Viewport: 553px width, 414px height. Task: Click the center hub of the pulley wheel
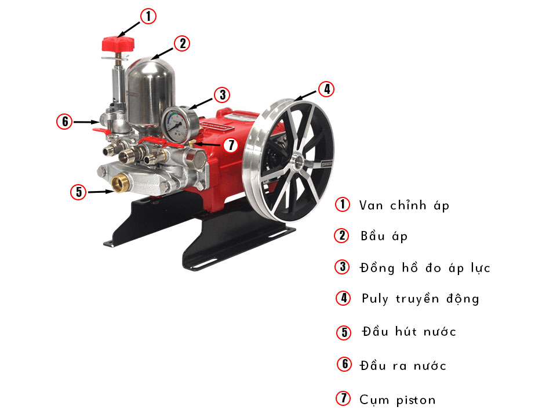point(300,160)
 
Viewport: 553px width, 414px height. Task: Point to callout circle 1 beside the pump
point(148,16)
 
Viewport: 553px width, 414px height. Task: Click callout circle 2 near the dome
point(181,43)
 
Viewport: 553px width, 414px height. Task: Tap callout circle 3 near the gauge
point(221,94)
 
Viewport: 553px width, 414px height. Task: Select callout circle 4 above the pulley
point(326,89)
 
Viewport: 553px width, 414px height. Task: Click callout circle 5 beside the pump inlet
point(78,192)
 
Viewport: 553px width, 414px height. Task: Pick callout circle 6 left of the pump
point(64,122)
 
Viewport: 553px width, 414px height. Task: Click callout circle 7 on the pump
point(231,145)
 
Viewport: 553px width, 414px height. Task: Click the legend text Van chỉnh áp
point(405,205)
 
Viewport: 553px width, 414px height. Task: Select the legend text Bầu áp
point(384,236)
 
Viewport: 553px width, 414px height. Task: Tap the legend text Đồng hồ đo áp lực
point(425,268)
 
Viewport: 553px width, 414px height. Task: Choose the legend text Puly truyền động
point(421,299)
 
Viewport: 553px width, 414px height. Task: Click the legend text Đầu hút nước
point(409,332)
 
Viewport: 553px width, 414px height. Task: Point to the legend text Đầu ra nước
point(403,365)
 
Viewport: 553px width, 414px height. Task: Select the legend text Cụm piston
point(397,399)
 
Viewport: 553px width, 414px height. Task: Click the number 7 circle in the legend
point(344,398)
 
